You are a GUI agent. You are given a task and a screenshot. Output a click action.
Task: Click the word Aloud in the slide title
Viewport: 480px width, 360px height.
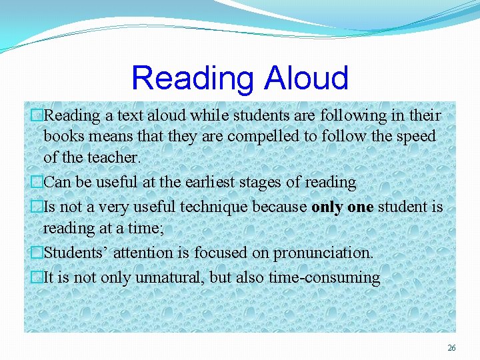click(x=307, y=78)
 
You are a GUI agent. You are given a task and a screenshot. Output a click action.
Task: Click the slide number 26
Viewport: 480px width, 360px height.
click(x=451, y=348)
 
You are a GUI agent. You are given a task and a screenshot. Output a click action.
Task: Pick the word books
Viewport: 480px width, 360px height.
click(x=64, y=137)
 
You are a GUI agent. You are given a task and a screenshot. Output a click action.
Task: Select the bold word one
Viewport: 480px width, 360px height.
click(x=360, y=207)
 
